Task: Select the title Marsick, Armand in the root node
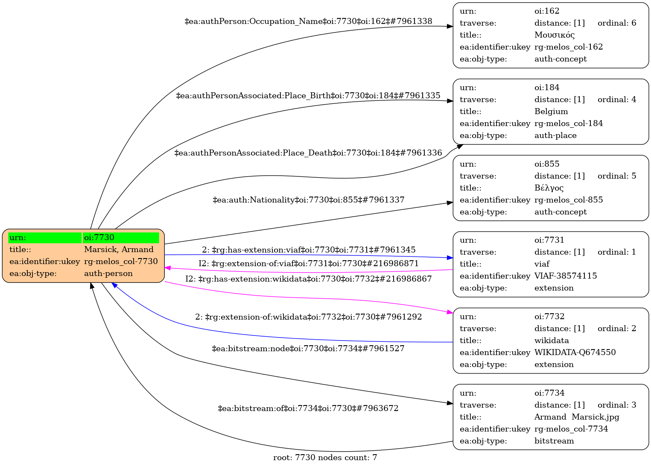tap(119, 250)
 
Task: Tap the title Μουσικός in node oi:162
tap(555, 35)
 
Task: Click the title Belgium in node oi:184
tap(551, 112)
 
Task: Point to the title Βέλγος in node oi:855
tap(549, 188)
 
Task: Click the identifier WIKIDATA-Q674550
tap(575, 352)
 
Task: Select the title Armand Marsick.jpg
tap(577, 417)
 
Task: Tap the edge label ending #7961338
tap(308, 21)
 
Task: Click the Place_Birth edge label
tap(308, 96)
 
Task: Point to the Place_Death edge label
tap(308, 153)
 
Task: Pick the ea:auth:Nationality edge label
tap(308, 200)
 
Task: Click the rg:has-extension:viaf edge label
tap(308, 250)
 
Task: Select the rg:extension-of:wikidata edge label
tap(308, 317)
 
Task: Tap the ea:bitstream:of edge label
tap(308, 408)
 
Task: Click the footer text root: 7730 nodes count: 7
tap(325, 458)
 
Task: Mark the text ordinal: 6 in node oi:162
tap(617, 23)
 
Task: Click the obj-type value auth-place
tap(555, 135)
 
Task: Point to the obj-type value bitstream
tap(554, 441)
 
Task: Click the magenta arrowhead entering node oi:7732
tap(450, 313)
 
